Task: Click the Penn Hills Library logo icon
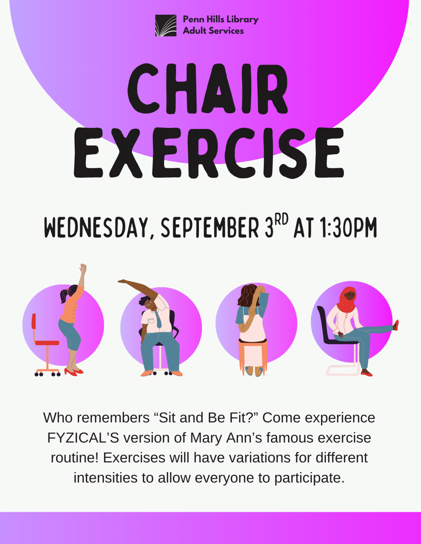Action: point(166,25)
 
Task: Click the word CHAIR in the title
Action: point(208,89)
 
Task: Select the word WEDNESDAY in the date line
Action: point(96,228)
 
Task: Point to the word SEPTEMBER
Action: point(210,228)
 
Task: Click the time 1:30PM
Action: point(348,228)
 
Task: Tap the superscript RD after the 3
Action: point(281,219)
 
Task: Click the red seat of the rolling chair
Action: point(47,343)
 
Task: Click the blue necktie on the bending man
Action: point(159,319)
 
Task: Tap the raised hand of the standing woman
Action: point(83,269)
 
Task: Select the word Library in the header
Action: point(242,19)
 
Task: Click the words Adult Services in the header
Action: point(213,31)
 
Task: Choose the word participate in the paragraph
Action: point(307,478)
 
